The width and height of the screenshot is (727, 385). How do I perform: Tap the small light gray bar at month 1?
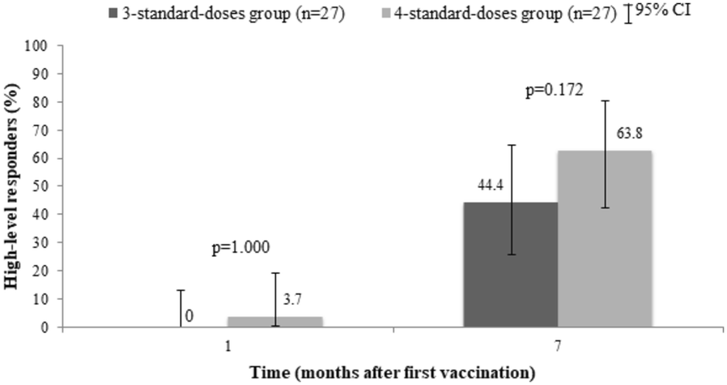[275, 322]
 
